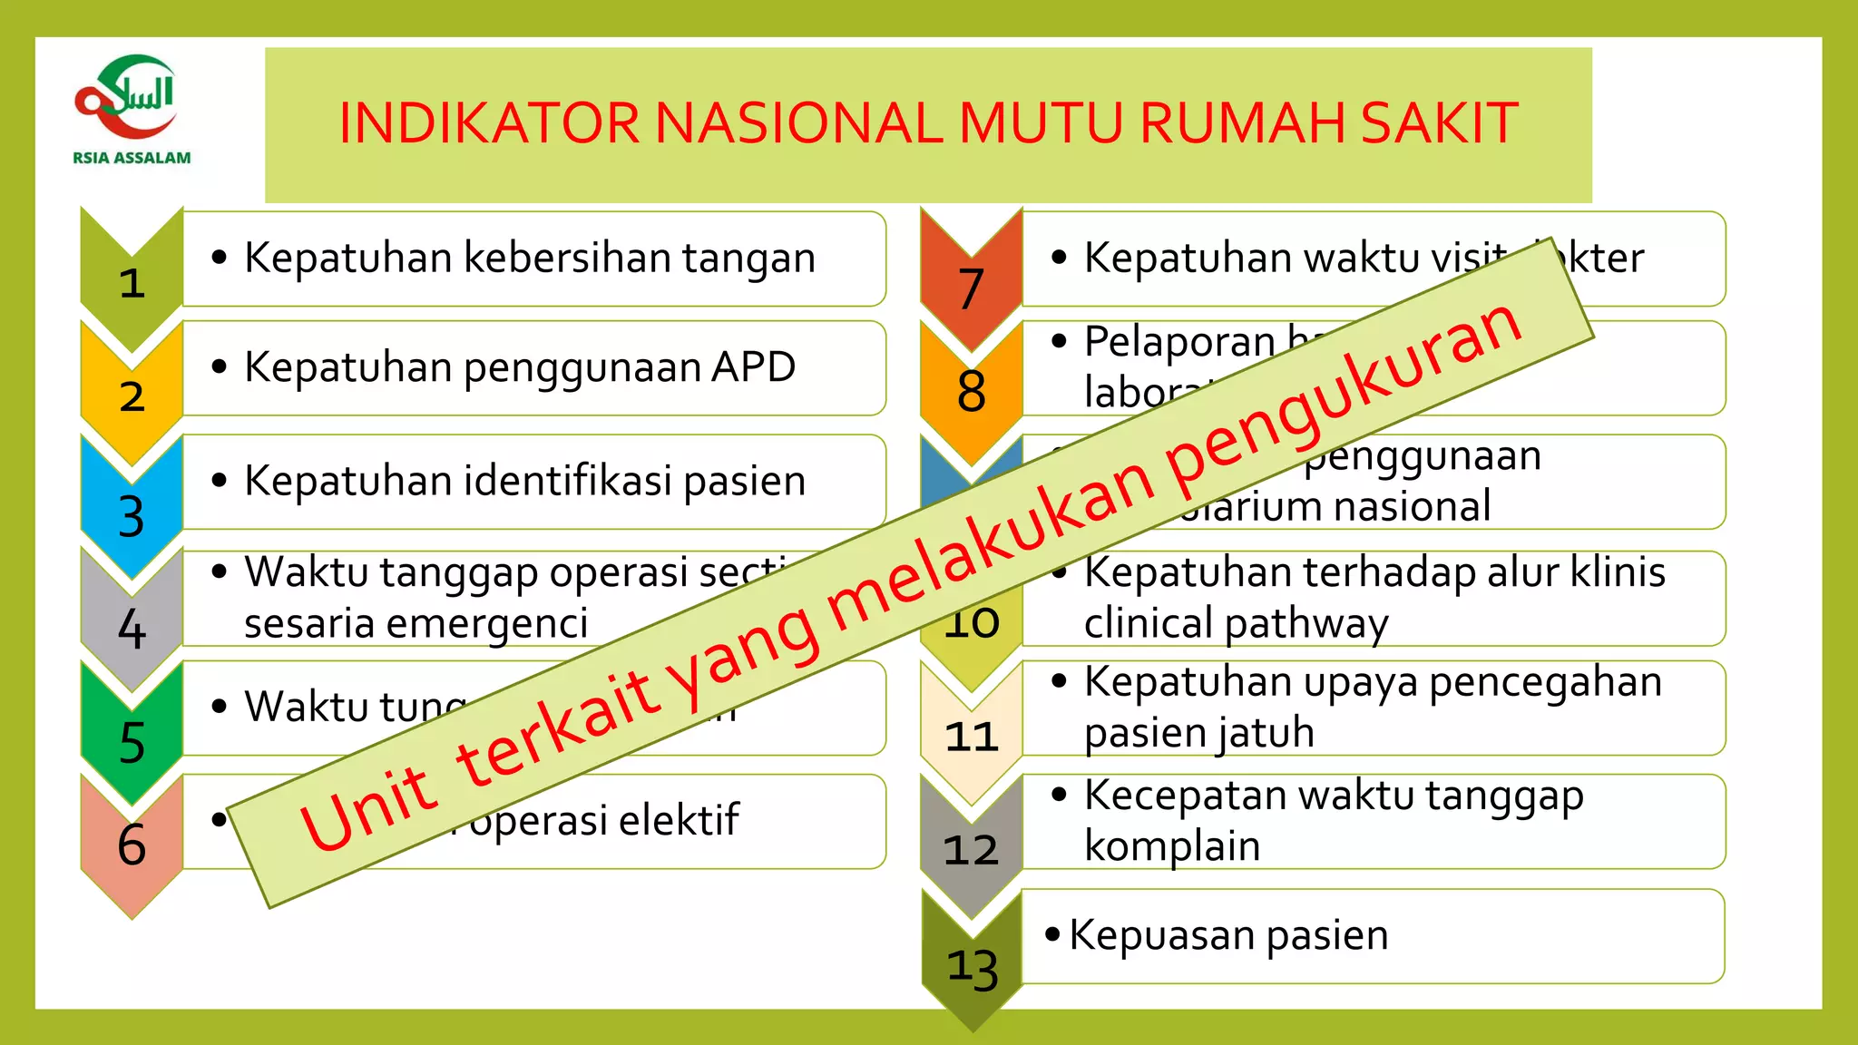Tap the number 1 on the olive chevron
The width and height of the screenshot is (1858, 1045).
pos(132,283)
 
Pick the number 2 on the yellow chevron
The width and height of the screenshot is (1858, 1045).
pos(132,396)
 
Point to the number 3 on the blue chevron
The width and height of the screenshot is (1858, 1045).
pos(132,516)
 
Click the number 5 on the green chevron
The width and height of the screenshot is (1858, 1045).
pos(132,743)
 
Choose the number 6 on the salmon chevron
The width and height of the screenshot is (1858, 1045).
pos(132,845)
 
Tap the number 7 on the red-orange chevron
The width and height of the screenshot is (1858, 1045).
pos(971,288)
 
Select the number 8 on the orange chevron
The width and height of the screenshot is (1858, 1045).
pos(971,392)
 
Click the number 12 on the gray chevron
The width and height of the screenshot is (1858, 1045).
pos(971,850)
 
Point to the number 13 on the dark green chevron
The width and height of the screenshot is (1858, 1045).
pos(973,967)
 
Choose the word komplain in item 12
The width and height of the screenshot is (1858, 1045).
pos(1172,846)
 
